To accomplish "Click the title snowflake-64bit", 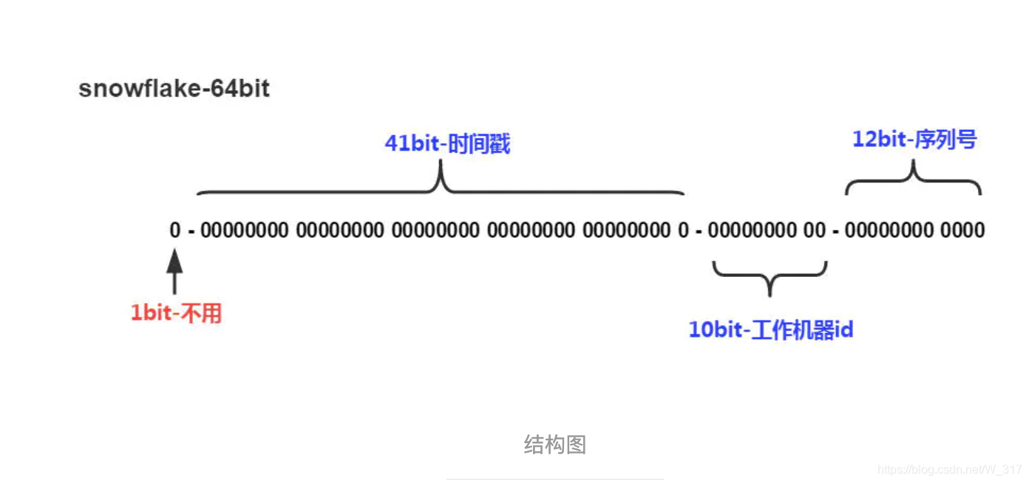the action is tap(174, 89).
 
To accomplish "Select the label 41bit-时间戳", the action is tap(447, 143).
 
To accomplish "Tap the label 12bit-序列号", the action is tap(914, 139).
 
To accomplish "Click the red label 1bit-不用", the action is tap(177, 313).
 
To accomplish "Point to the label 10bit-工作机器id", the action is tap(771, 329).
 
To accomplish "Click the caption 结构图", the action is tap(554, 444).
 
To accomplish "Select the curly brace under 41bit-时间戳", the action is tap(441, 185).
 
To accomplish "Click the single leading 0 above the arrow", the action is tap(174, 230).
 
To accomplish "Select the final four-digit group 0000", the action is tap(962, 230).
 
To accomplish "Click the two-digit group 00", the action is tap(815, 230).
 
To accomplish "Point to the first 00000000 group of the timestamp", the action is tap(244, 230).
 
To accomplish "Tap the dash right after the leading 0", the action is tap(191, 231).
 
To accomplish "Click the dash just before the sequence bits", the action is tap(835, 231).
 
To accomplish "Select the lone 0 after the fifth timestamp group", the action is tap(684, 230).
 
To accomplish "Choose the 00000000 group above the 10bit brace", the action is tap(751, 230).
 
